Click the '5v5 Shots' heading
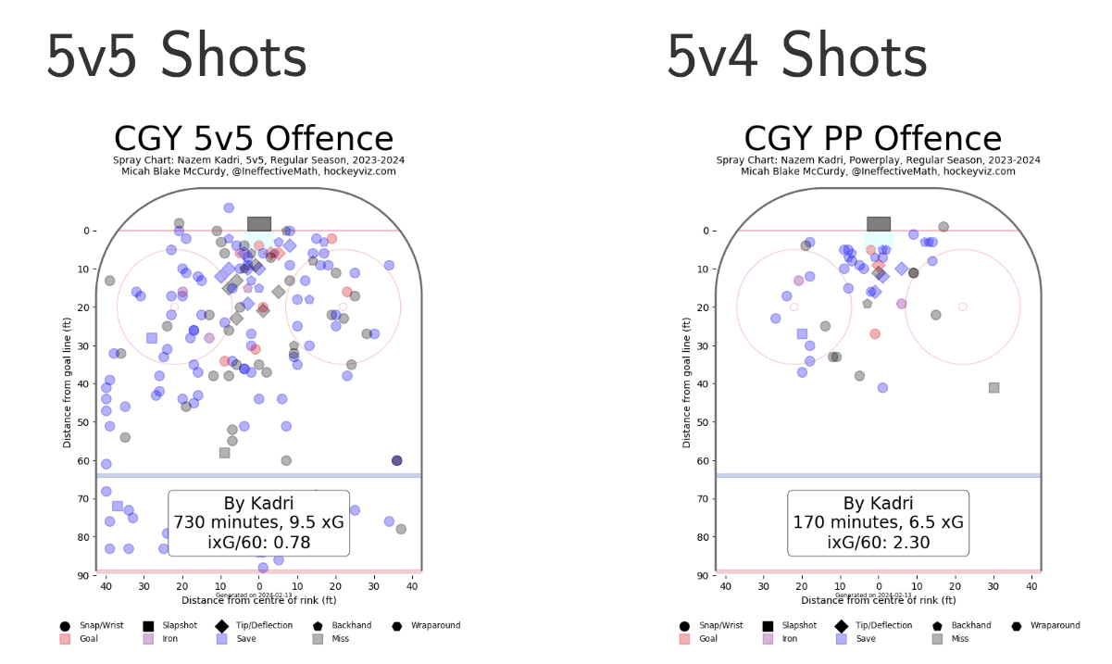coord(176,57)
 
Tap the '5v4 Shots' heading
coord(796,57)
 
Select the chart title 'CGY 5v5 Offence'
coord(254,139)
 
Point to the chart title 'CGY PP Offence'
coord(872,139)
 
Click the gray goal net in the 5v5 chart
coord(259,224)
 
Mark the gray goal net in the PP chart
coord(879,224)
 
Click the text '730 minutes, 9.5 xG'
coord(259,522)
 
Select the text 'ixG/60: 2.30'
coord(879,543)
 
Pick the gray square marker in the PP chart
coord(993,388)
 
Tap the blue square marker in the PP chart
coord(802,333)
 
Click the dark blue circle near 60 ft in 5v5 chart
coord(397,460)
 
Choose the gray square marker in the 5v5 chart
coord(224,453)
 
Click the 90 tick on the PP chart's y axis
coord(703,576)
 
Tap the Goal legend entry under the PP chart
coord(704,639)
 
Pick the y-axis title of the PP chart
coord(687,380)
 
